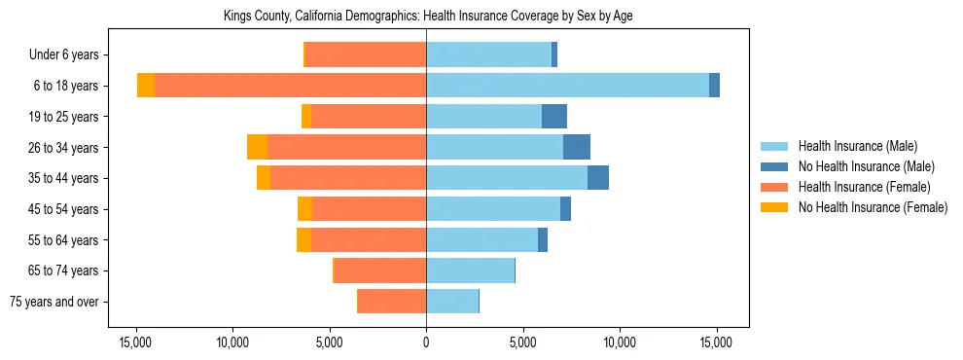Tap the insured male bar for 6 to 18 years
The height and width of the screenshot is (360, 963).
[567, 86]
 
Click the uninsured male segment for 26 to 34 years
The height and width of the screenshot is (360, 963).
[577, 147]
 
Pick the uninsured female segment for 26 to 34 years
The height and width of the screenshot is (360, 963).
[257, 147]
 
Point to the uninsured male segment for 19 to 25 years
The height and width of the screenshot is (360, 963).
[554, 117]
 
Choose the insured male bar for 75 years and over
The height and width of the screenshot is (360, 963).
[452, 302]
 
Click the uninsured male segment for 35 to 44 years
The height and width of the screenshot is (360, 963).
[598, 178]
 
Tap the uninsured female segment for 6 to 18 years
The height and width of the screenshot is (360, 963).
[146, 86]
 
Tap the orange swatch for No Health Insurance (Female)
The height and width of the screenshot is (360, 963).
[775, 207]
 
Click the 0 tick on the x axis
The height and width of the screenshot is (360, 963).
[426, 342]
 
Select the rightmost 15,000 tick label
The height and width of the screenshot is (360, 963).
[716, 342]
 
